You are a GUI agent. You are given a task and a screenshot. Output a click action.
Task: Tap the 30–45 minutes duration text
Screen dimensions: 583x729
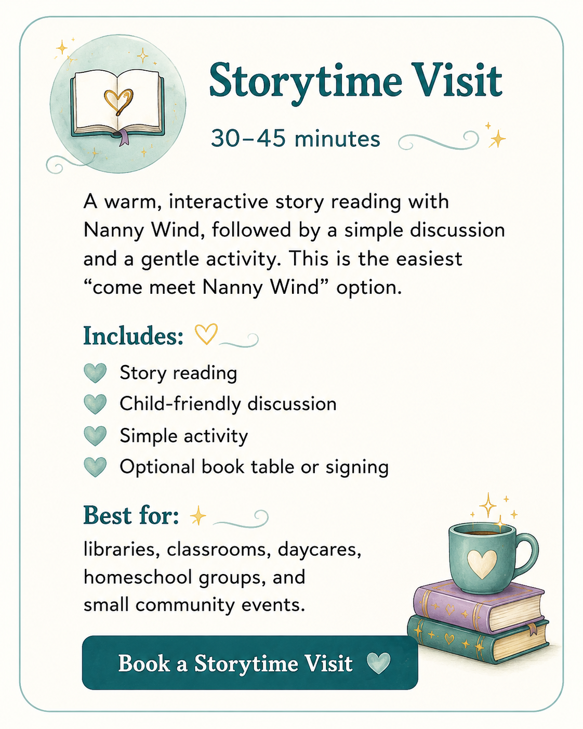click(x=295, y=138)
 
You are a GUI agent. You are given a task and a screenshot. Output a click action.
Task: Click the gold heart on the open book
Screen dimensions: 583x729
click(x=118, y=101)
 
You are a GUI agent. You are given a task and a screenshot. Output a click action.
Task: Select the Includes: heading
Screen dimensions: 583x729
click(x=134, y=336)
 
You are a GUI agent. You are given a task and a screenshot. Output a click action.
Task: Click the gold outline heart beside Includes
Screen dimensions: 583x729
click(x=206, y=334)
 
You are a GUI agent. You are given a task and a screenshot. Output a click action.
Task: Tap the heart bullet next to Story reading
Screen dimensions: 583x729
click(x=95, y=373)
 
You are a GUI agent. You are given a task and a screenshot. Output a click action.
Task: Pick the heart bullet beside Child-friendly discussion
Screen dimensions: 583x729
click(x=95, y=404)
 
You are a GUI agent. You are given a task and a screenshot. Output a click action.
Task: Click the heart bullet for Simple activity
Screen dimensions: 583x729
click(x=95, y=436)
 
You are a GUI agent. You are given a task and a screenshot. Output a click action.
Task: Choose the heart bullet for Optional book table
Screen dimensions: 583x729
click(x=95, y=467)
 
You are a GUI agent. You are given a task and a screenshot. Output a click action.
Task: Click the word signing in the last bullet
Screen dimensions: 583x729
click(x=357, y=468)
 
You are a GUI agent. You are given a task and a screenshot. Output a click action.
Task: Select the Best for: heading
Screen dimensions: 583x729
click(x=131, y=516)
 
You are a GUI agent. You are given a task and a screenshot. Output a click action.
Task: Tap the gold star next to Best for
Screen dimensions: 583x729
click(x=198, y=516)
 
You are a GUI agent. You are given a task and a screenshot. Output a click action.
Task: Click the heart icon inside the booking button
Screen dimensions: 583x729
click(x=378, y=663)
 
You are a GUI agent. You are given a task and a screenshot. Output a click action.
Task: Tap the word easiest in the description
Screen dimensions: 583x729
click(x=429, y=259)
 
